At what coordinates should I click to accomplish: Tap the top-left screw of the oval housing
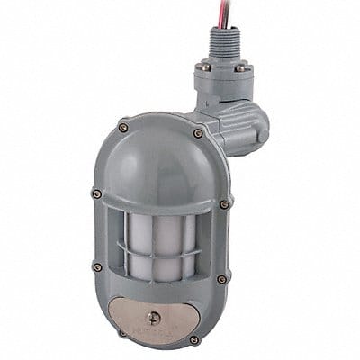(x=124, y=128)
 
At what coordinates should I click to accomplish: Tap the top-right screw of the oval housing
(x=198, y=133)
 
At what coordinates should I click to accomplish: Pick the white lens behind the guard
(x=161, y=247)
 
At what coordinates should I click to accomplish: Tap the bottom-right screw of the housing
(x=194, y=340)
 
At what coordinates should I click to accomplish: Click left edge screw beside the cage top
(x=96, y=193)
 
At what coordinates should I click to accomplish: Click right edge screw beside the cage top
(x=224, y=204)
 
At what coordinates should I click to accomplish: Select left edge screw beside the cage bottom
(x=97, y=266)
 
